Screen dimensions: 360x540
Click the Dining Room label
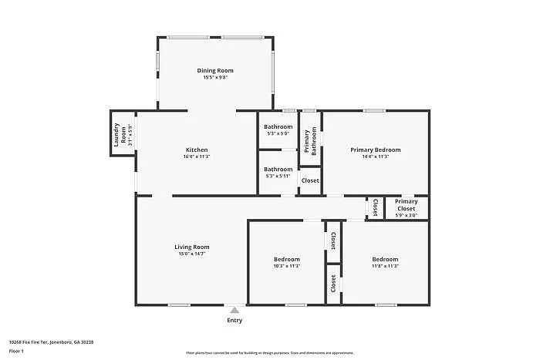pyautogui.click(x=215, y=71)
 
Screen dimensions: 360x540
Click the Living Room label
pyautogui.click(x=191, y=247)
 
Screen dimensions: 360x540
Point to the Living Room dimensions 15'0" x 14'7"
pyautogui.click(x=191, y=254)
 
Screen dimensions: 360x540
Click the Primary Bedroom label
pyautogui.click(x=375, y=150)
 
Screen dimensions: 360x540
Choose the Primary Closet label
pyautogui.click(x=406, y=205)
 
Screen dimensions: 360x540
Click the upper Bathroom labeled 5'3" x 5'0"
pyautogui.click(x=278, y=126)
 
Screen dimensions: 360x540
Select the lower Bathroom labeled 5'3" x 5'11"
pyautogui.click(x=278, y=169)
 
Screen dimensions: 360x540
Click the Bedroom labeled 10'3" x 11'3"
pyautogui.click(x=286, y=259)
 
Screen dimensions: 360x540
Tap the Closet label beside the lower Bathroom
pyautogui.click(x=310, y=180)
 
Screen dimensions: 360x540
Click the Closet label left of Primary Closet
pyautogui.click(x=375, y=207)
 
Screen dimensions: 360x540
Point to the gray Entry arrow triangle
pyautogui.click(x=235, y=310)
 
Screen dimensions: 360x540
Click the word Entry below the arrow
pyautogui.click(x=235, y=321)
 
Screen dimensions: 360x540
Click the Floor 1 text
pyautogui.click(x=16, y=352)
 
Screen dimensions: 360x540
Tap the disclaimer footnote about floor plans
pyautogui.click(x=269, y=352)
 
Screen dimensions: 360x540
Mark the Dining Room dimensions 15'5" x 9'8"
pyautogui.click(x=215, y=78)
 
